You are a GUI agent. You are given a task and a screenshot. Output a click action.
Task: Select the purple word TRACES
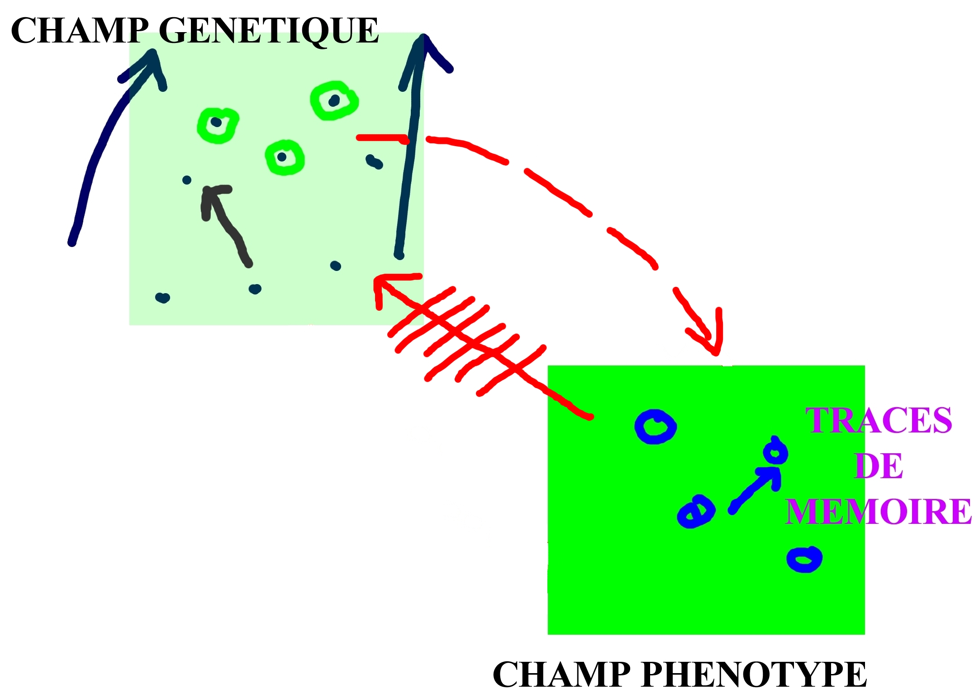click(879, 421)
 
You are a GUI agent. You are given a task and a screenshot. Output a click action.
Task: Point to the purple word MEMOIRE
click(879, 512)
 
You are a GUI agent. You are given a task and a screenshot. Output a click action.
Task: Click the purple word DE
click(879, 466)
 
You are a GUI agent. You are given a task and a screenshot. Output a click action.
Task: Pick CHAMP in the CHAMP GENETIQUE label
click(80, 31)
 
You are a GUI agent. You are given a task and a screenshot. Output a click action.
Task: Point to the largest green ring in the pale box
click(334, 100)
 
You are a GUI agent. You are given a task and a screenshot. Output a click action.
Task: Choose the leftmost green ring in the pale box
click(218, 125)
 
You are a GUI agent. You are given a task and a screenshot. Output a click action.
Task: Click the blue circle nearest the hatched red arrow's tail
click(656, 427)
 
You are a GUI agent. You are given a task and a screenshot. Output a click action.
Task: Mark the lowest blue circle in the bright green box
click(804, 560)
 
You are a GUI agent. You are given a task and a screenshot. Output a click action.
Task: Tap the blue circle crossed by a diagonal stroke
click(696, 511)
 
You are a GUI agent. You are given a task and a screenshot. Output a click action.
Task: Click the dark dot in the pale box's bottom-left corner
click(162, 298)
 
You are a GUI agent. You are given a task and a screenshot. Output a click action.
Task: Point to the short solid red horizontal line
click(383, 139)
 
